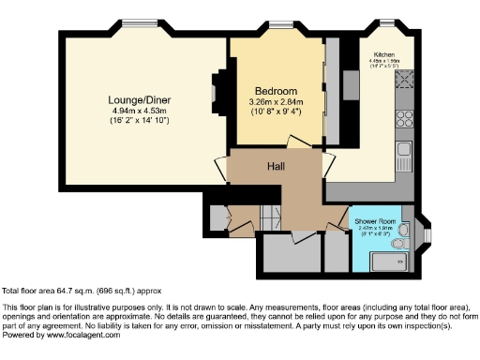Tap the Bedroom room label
click(277, 91)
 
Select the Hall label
click(277, 167)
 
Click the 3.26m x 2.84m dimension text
click(277, 103)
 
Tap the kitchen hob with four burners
click(407, 119)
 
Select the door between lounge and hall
click(225, 169)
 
